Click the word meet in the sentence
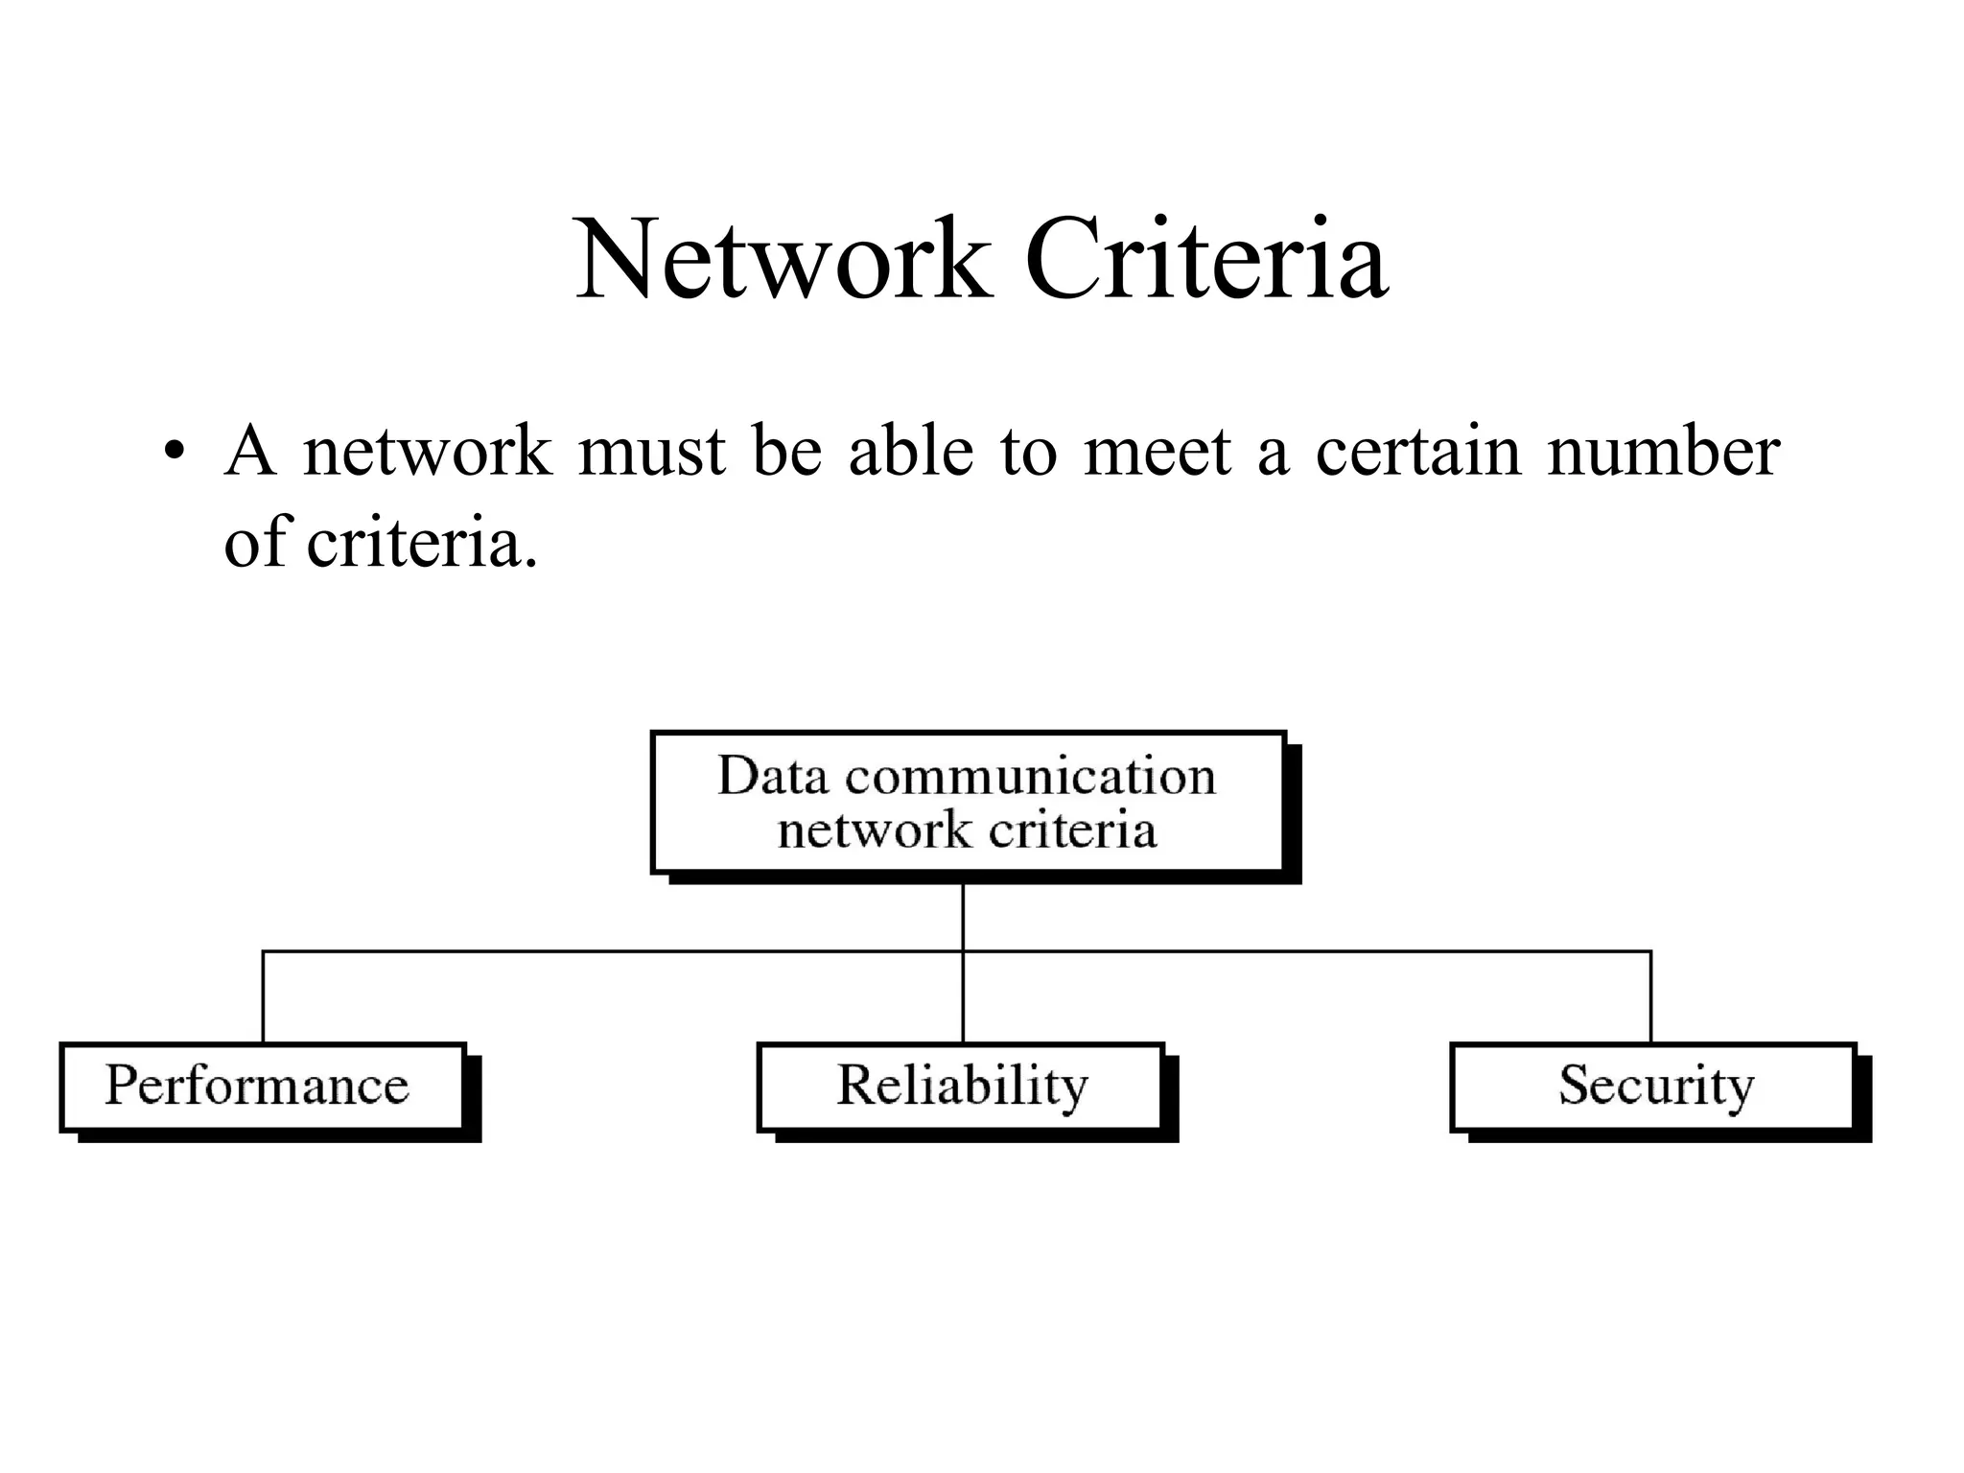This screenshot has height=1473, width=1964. coord(1157,453)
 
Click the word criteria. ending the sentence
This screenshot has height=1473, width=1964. coord(422,543)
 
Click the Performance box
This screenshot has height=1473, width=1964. coord(261,1087)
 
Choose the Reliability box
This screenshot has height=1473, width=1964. coord(961,1087)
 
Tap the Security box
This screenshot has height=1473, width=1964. coord(1653,1087)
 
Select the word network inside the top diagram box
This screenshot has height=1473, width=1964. coord(874,830)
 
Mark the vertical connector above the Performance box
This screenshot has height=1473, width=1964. coord(263,997)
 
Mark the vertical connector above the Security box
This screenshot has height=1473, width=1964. coord(1650,997)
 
